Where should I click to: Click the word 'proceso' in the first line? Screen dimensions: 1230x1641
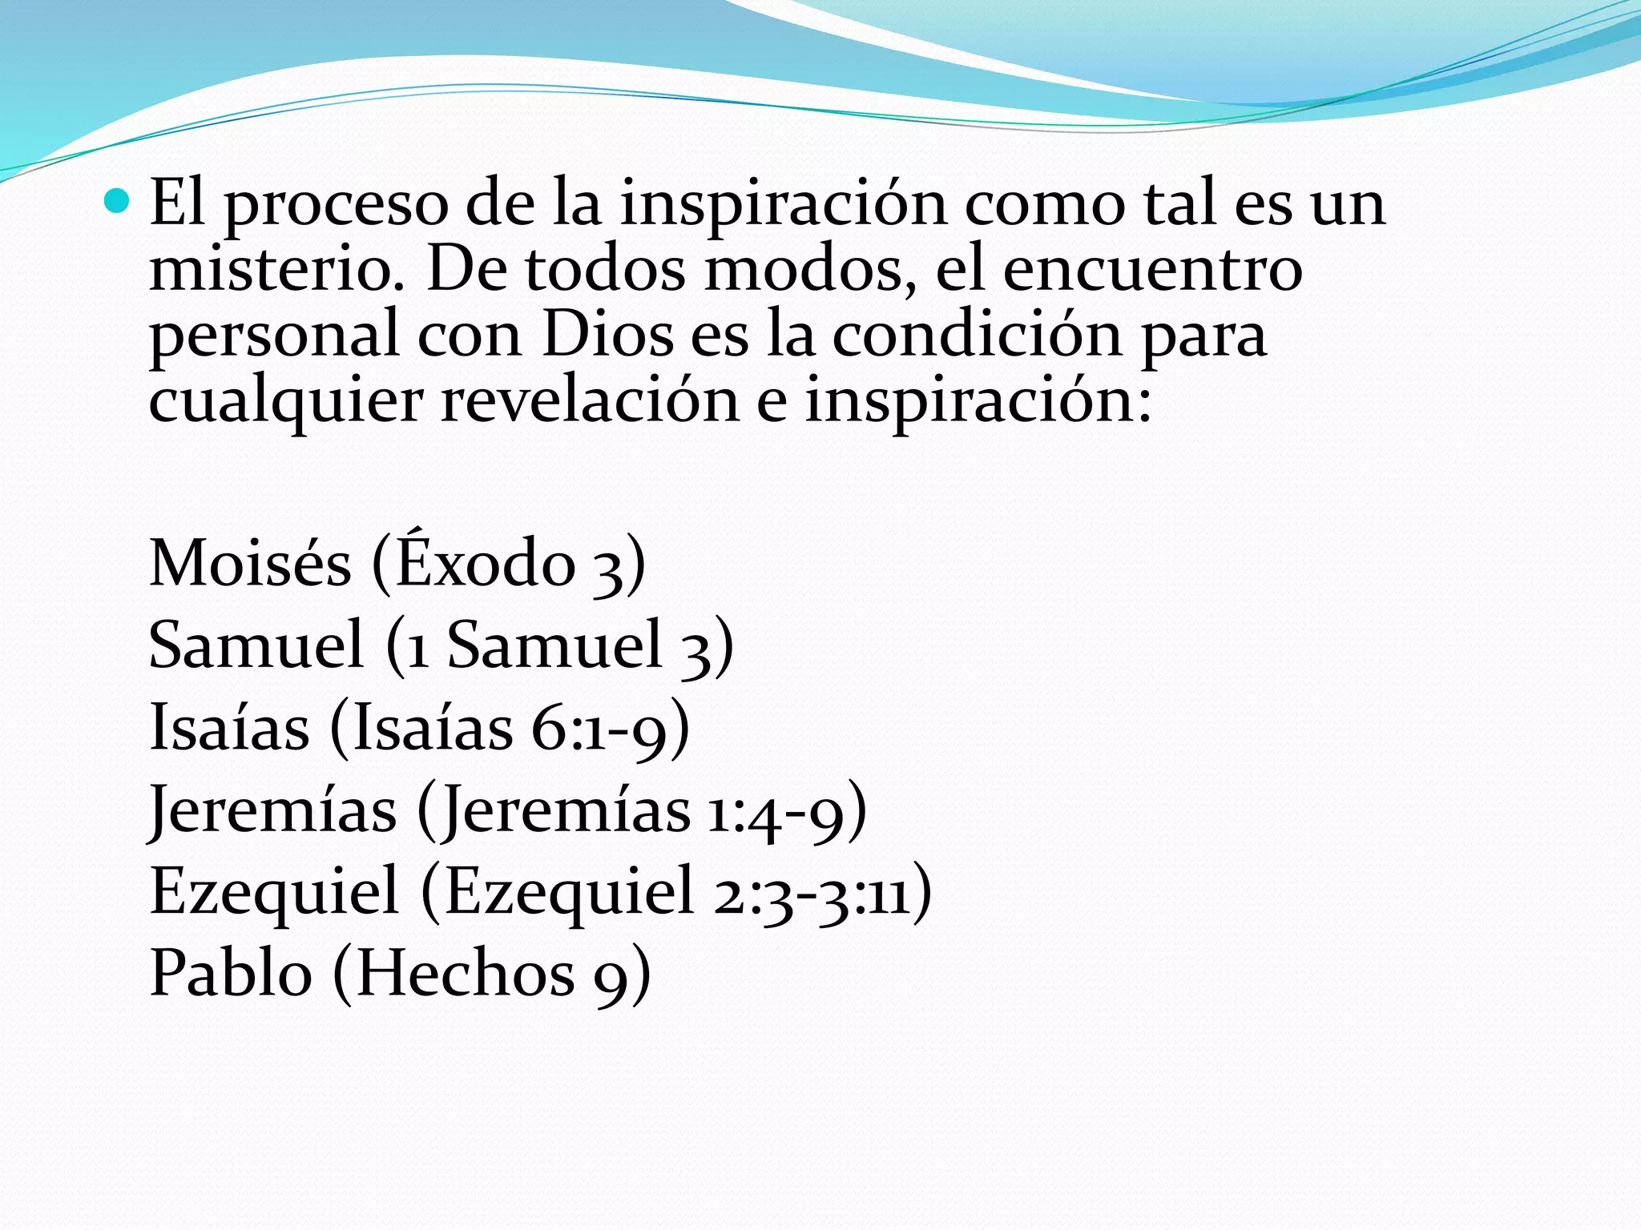[336, 205]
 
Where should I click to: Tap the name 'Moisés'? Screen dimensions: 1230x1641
[250, 563]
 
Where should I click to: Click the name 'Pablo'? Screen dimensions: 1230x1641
[231, 973]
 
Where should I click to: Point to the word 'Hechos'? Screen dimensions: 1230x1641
[466, 973]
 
